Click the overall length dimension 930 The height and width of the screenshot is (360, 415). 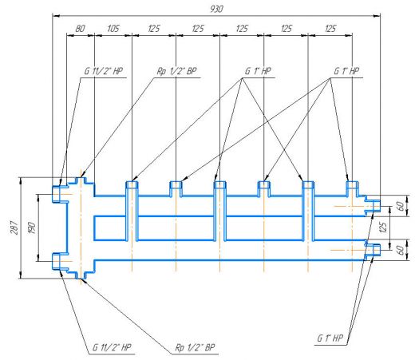[216, 9]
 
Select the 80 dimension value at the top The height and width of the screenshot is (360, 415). [80, 29]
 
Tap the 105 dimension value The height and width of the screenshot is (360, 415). [113, 29]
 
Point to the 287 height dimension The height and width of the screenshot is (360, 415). [14, 227]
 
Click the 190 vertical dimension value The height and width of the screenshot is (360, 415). [32, 227]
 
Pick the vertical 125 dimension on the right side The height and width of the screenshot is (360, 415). [382, 227]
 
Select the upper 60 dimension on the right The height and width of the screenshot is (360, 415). [400, 206]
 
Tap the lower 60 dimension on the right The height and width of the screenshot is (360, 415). [400, 250]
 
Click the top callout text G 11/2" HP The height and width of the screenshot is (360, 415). [104, 71]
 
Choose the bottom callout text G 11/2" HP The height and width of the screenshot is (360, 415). [112, 347]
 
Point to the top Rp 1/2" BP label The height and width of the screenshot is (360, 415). [176, 71]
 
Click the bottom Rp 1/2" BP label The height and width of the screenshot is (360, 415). [195, 347]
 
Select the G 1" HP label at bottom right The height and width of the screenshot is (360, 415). [330, 338]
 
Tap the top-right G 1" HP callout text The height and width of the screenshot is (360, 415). [346, 71]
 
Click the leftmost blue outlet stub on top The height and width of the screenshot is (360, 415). [132, 189]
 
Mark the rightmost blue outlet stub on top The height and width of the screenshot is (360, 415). [352, 189]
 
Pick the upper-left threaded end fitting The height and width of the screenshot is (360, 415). [60, 194]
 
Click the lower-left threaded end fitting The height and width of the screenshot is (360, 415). [60, 262]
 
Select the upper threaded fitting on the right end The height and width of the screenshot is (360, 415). [373, 206]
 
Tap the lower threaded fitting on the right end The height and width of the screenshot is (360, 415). [373, 250]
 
